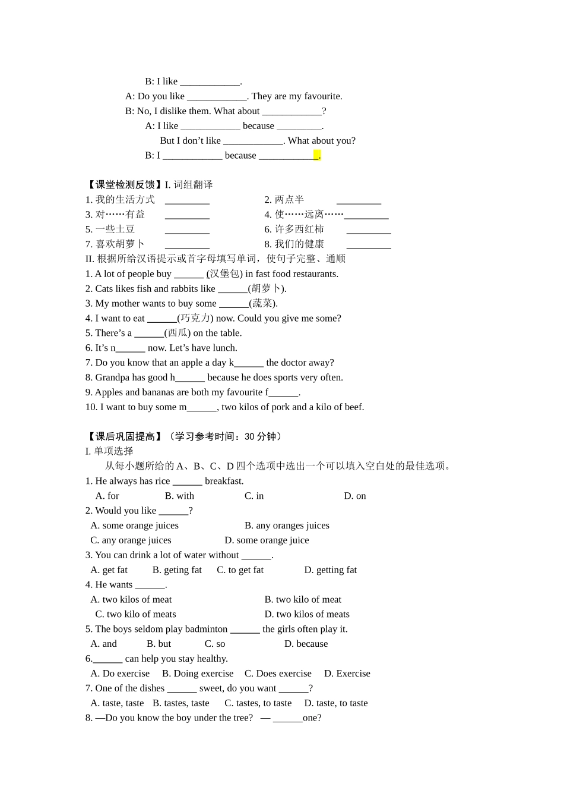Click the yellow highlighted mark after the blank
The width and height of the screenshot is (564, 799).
click(317, 155)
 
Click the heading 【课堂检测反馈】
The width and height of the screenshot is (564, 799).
click(123, 185)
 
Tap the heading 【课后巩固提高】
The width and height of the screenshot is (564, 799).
click(123, 436)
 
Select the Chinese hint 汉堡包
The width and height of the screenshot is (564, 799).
click(224, 274)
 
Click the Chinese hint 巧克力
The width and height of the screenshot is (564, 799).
click(195, 318)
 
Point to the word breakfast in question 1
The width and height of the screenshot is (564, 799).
click(224, 481)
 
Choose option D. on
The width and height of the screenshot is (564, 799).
click(355, 496)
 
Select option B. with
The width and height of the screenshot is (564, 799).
click(179, 496)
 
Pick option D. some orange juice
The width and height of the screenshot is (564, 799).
click(267, 540)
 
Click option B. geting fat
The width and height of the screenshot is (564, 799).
click(177, 570)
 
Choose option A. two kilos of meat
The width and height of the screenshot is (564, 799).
click(131, 599)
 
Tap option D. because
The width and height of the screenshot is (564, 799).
click(306, 644)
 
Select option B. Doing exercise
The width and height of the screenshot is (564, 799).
click(198, 674)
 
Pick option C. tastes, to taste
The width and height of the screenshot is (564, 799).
click(258, 703)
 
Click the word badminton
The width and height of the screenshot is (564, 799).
click(205, 629)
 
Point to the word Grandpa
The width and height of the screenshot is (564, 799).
click(112, 378)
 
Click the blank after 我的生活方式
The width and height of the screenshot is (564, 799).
click(187, 200)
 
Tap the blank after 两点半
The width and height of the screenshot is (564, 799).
click(359, 200)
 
